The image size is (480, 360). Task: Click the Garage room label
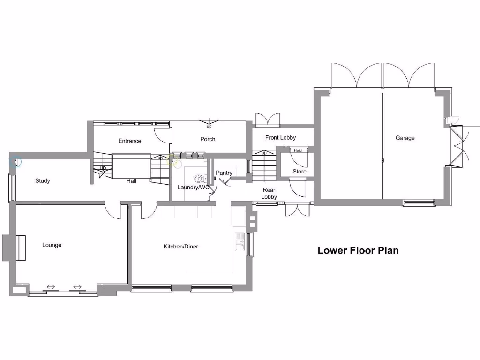click(x=405, y=138)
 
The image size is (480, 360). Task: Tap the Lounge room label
click(x=52, y=245)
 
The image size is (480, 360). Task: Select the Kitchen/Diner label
click(x=180, y=247)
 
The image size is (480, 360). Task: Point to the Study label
click(x=43, y=181)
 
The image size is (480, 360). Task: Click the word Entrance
click(x=129, y=141)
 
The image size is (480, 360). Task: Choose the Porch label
click(x=208, y=139)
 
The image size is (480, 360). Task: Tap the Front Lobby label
click(x=280, y=138)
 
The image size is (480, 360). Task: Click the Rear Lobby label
click(x=269, y=193)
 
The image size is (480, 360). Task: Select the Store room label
click(x=300, y=172)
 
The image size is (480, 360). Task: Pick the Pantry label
click(x=224, y=173)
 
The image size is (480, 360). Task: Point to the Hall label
click(x=131, y=181)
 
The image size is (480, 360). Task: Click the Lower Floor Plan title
click(x=358, y=250)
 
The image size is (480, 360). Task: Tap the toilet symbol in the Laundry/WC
click(x=200, y=178)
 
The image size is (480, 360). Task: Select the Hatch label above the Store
click(x=299, y=150)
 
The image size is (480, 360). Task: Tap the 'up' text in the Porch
click(x=209, y=127)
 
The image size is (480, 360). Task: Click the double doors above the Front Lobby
click(x=267, y=120)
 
